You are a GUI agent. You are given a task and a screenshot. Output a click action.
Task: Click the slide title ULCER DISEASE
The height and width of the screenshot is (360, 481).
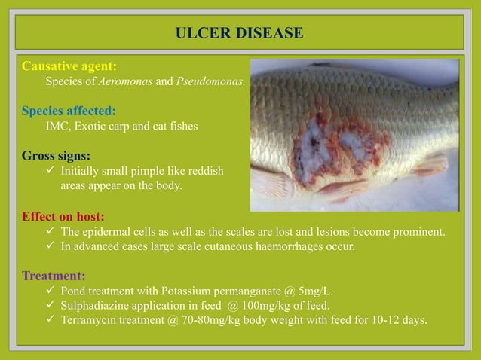point(239,33)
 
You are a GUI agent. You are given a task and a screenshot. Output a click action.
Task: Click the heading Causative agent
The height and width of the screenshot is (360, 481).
point(69,66)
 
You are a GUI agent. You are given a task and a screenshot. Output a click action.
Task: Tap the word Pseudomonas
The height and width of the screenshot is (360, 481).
point(210,81)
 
